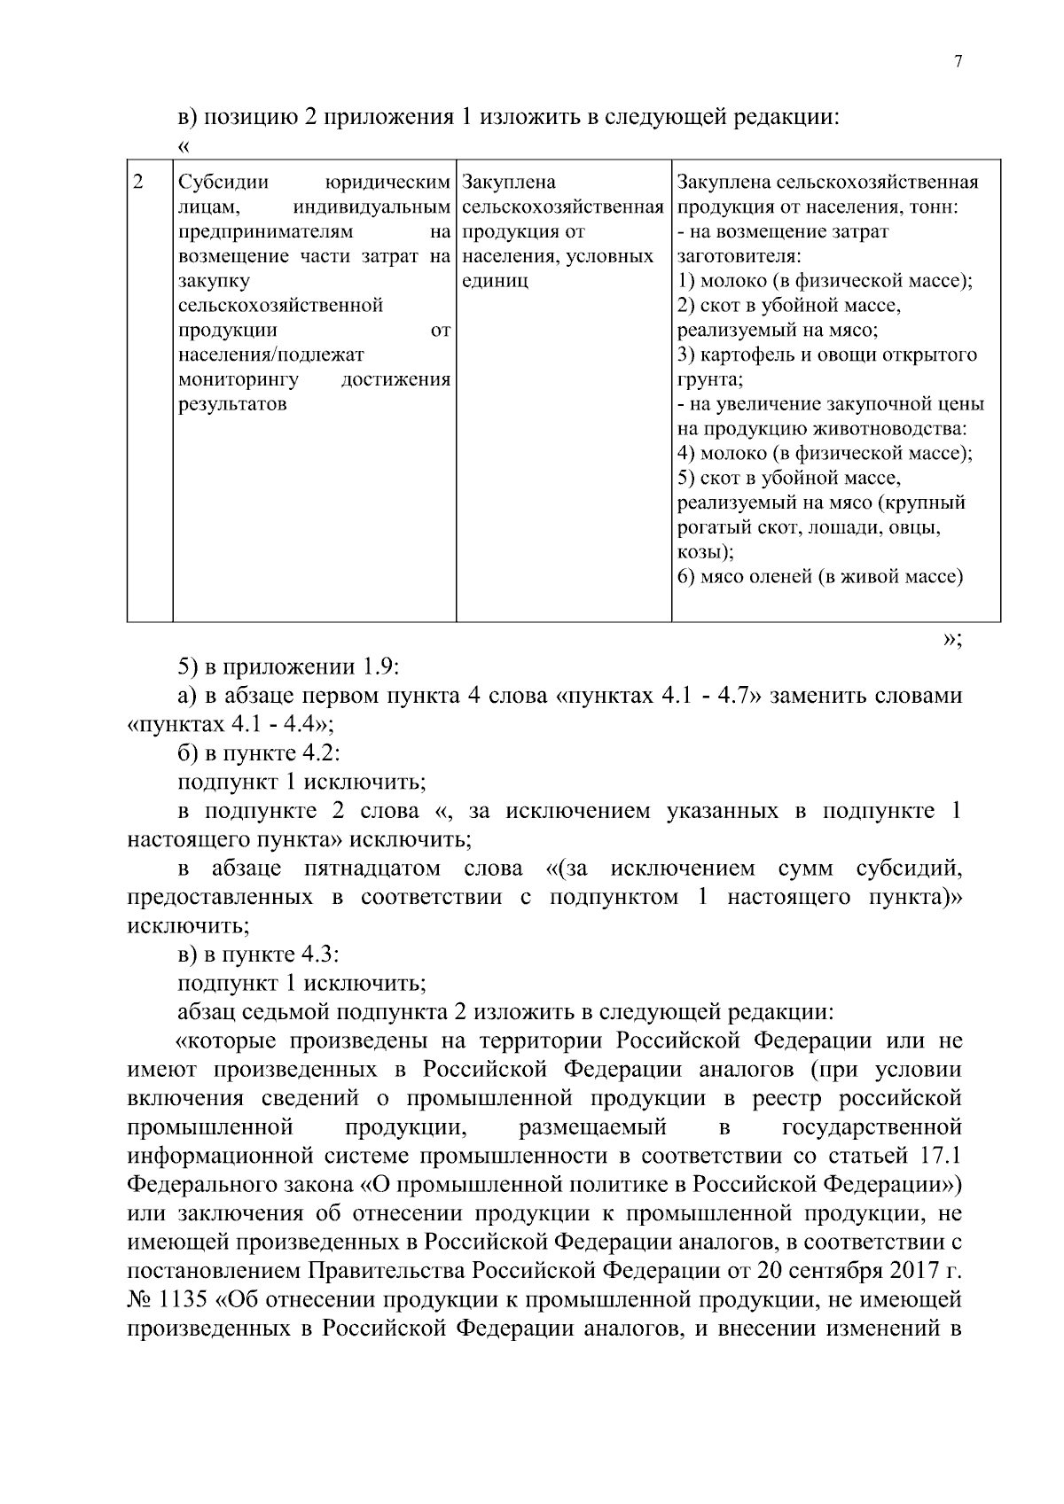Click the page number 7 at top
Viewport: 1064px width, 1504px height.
click(x=958, y=61)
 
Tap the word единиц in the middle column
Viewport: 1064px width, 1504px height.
click(x=495, y=282)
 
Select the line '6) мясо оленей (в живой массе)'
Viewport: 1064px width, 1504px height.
click(x=819, y=577)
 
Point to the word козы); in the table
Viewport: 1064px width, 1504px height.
click(x=705, y=552)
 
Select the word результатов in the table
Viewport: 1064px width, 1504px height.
click(x=232, y=405)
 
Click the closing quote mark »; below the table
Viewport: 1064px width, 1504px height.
click(x=952, y=640)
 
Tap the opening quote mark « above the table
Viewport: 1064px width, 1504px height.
click(x=184, y=145)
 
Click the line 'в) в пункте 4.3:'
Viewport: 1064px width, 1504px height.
click(x=259, y=955)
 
